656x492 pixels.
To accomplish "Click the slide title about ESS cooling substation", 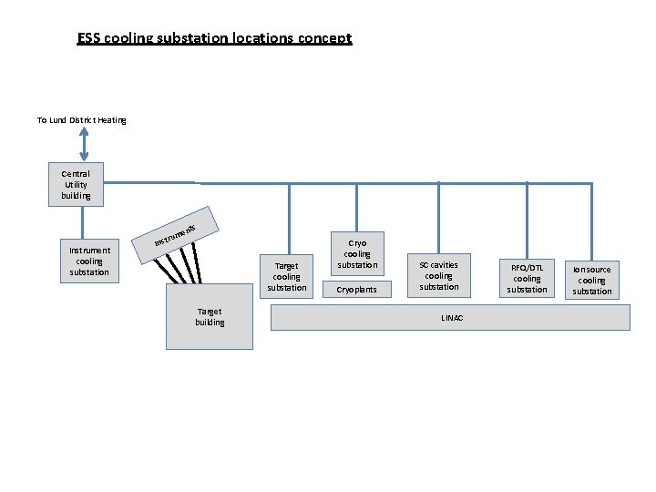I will point(214,38).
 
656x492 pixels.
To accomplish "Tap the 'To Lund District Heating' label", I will point(81,120).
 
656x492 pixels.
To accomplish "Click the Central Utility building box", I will point(76,184).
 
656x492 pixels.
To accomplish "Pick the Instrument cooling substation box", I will point(89,261).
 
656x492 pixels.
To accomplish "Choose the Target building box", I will point(210,317).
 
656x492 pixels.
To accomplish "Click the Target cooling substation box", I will point(287,275).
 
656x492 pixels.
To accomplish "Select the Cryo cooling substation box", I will point(357,253).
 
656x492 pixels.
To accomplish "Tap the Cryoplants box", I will point(357,290).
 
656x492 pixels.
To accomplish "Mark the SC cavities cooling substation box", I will point(438,275).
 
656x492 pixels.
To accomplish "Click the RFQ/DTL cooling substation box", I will point(527,278).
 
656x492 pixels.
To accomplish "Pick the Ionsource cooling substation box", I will point(592,280).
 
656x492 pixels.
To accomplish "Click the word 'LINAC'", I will point(452,318).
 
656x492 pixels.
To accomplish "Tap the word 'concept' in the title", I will point(326,38).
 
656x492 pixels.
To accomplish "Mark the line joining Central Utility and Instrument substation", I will point(83,222).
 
